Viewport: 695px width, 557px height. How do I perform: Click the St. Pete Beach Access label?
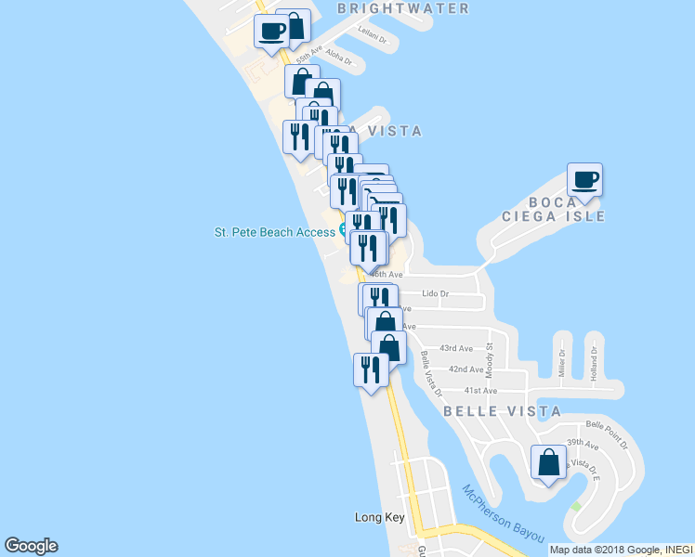click(x=274, y=232)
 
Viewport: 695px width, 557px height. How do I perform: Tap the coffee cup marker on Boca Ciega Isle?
click(x=584, y=178)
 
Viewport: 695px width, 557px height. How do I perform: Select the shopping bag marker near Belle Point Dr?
click(x=548, y=462)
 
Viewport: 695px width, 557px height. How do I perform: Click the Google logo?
click(x=31, y=546)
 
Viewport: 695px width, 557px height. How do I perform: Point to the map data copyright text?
click(x=621, y=549)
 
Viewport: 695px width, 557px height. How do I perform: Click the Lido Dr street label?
click(x=435, y=294)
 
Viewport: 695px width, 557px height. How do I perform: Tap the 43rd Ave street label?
click(x=456, y=348)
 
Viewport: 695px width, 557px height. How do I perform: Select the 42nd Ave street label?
click(x=466, y=369)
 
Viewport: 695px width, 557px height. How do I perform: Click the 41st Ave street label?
click(x=481, y=391)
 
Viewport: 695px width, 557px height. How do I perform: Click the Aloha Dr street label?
click(x=339, y=58)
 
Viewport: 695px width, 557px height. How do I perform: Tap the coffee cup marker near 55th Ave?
click(x=271, y=31)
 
